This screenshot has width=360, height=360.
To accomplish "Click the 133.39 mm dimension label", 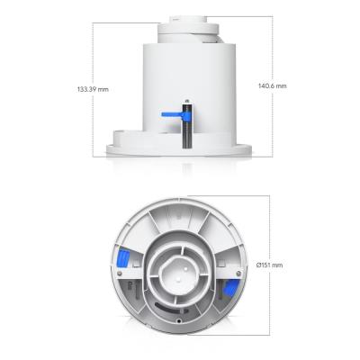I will click(x=93, y=89).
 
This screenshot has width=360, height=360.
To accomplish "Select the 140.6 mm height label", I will click(x=271, y=85).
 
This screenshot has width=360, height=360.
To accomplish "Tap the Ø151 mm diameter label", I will click(x=269, y=265).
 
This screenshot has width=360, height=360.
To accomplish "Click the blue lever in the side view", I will click(x=170, y=115).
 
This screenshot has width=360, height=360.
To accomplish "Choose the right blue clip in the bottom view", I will click(x=229, y=289).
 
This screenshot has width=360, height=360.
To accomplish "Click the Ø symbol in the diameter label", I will click(x=258, y=265).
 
